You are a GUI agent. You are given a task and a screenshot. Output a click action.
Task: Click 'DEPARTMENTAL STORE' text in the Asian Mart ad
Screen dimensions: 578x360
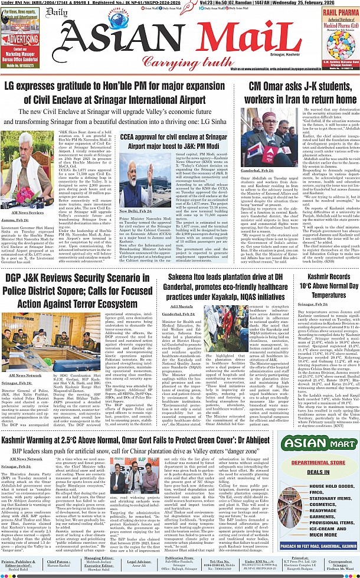pos(320,464)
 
